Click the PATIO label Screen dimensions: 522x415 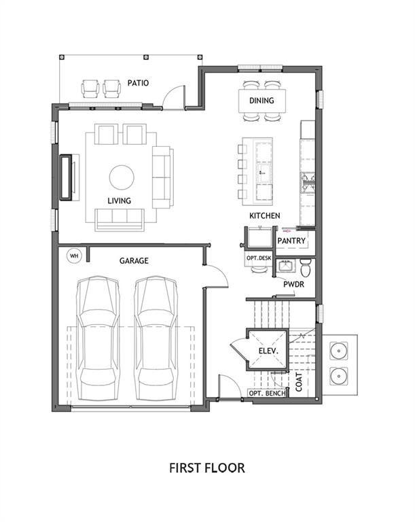139,83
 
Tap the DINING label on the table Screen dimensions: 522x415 261,101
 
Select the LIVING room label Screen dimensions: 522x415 119,201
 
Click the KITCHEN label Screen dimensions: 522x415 264,215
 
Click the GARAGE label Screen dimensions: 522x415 134,260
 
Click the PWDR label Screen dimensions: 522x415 293,284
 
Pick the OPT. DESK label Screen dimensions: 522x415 259,258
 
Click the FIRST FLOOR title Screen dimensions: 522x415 206,468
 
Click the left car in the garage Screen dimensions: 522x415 98,338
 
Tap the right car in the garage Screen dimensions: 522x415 158,338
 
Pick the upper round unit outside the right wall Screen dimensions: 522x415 338,351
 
